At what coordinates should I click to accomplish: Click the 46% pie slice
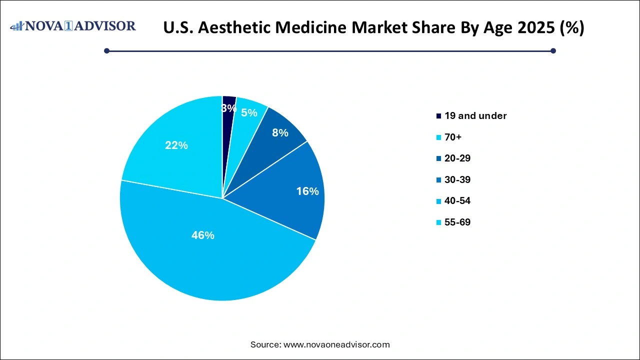[x=210, y=250]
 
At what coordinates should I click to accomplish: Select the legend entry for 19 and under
[x=475, y=116]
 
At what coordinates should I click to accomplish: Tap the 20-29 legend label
[x=457, y=158]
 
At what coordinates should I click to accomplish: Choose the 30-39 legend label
[x=457, y=179]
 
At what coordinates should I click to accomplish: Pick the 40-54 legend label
[x=457, y=201]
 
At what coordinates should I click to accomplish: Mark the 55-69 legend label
[x=457, y=222]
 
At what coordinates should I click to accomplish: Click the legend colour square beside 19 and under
[x=438, y=116]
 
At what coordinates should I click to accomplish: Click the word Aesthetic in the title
[x=236, y=28]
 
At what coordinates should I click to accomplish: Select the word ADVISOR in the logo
[x=106, y=26]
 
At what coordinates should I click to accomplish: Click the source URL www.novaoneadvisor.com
[x=336, y=344]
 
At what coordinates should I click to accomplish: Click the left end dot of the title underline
[x=106, y=50]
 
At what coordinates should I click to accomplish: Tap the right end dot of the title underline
[x=553, y=50]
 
